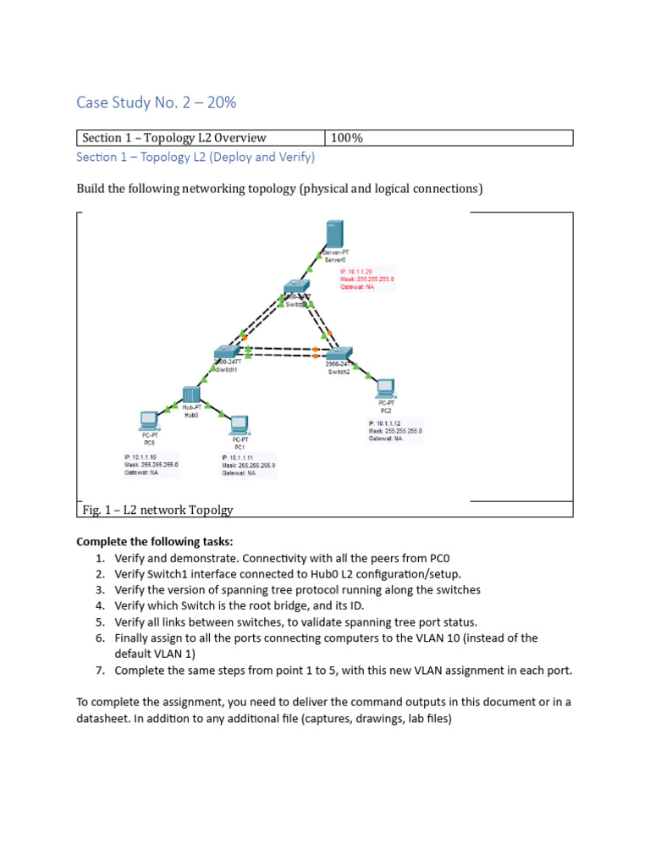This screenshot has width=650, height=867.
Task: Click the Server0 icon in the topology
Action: tap(333, 236)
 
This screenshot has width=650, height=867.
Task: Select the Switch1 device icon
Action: tap(227, 351)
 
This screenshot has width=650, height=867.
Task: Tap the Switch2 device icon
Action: tap(339, 355)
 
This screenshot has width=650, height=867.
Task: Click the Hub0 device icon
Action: tap(190, 395)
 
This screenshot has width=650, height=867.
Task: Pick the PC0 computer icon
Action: tap(149, 420)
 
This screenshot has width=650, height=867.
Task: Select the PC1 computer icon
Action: tap(240, 424)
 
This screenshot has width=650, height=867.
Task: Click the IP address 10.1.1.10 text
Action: tap(140, 457)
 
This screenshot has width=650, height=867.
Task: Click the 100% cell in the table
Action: tap(347, 138)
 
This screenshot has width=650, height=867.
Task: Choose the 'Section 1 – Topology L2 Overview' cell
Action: tap(174, 138)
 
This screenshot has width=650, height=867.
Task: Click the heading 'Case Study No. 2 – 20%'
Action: tap(156, 102)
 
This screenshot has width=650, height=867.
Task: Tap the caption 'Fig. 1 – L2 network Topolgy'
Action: tap(157, 510)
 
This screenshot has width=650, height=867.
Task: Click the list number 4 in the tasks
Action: tap(99, 605)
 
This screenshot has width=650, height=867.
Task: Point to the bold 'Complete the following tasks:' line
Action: tap(154, 542)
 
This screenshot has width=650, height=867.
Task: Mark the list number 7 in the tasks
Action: tap(99, 671)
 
